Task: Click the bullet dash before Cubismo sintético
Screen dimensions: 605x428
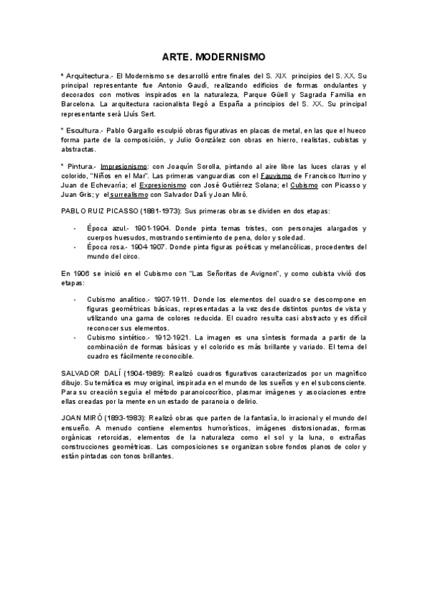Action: [x=76, y=337]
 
